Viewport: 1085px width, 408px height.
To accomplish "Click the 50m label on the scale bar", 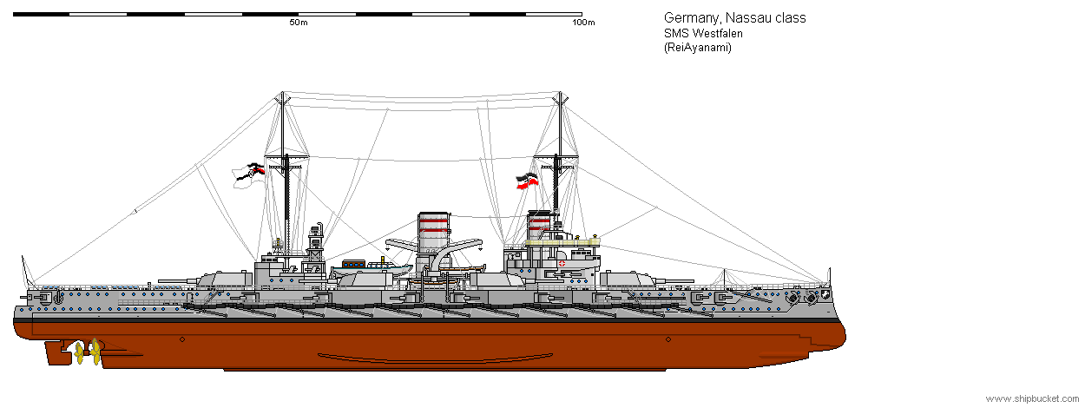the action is point(299,23).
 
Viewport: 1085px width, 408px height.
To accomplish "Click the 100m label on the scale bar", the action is point(583,23).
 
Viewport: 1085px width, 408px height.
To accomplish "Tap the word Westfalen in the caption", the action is point(717,34).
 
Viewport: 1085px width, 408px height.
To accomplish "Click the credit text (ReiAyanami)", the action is point(698,48).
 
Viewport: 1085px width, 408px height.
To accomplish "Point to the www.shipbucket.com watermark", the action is point(1032,398).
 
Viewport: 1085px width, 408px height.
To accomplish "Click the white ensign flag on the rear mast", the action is point(248,176).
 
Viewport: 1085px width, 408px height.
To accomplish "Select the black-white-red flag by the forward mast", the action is point(527,181).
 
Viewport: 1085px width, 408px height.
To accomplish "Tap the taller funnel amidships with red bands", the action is point(433,239).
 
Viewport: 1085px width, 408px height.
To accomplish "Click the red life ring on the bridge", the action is point(562,264).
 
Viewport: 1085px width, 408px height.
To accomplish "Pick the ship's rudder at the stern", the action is point(56,352).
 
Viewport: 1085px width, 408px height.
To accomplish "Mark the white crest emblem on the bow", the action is point(825,294).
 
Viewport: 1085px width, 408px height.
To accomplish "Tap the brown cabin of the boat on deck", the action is point(353,264).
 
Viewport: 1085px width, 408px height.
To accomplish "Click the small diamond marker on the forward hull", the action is point(668,339).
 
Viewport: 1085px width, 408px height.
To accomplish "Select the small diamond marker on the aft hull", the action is point(182,339).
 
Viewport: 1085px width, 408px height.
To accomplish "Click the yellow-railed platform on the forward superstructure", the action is point(562,240).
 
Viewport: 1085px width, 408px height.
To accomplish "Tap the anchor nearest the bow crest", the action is point(810,298).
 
